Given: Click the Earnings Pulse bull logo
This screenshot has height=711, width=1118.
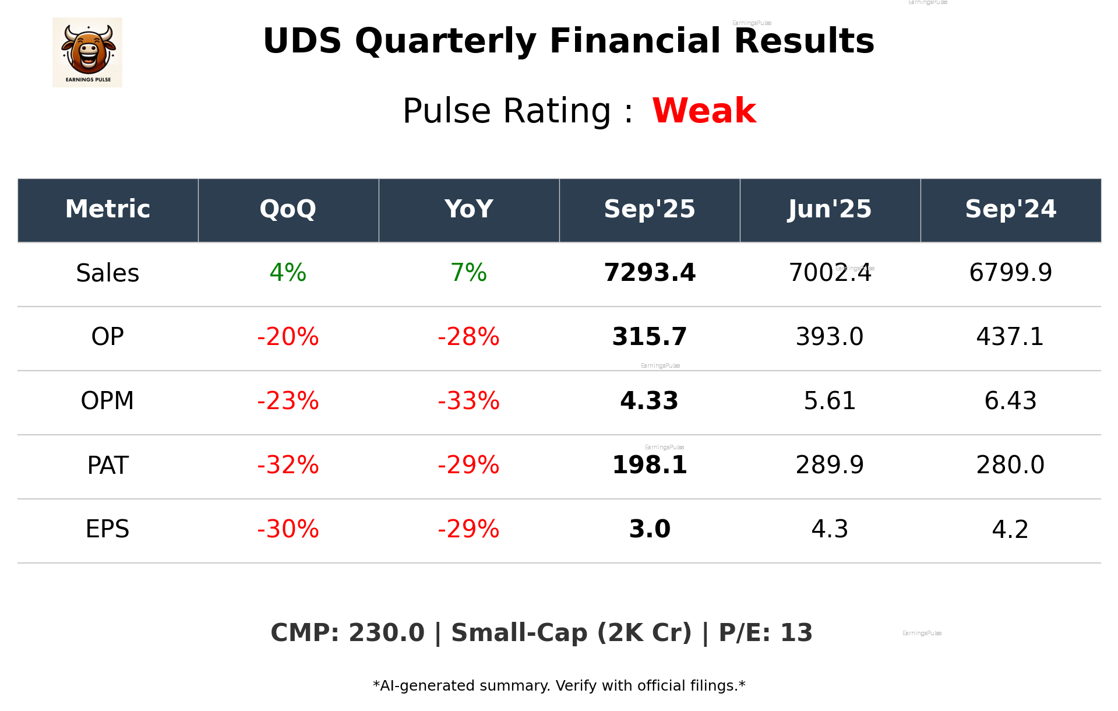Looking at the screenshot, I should pyautogui.click(x=87, y=52).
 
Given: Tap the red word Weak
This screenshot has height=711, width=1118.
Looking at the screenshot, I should pyautogui.click(x=704, y=111).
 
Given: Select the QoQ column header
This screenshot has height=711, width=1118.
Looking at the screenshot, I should pyautogui.click(x=288, y=209).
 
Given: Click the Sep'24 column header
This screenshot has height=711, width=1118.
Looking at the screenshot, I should pyautogui.click(x=1010, y=209).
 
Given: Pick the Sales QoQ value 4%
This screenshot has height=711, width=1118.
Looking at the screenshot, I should pyautogui.click(x=288, y=273).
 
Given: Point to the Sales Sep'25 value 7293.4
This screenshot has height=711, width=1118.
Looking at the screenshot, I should pyautogui.click(x=650, y=273).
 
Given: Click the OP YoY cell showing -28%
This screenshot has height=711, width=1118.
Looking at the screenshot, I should pyautogui.click(x=468, y=337).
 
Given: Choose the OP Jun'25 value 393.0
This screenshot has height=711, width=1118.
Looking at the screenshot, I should pyautogui.click(x=830, y=337).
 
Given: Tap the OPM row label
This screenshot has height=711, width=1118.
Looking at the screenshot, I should pyautogui.click(x=107, y=401).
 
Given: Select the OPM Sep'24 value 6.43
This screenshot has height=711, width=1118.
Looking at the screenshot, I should pyautogui.click(x=1010, y=401).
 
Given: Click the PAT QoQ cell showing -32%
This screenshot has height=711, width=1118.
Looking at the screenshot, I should pyautogui.click(x=288, y=465).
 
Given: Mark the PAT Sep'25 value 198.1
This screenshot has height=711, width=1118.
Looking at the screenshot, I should pyautogui.click(x=650, y=465).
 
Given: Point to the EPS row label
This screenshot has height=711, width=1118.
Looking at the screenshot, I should pyautogui.click(x=107, y=529).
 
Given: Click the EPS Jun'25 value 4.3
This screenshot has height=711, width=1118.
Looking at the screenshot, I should pyautogui.click(x=830, y=529).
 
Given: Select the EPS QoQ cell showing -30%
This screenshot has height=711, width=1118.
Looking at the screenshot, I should pyautogui.click(x=288, y=529).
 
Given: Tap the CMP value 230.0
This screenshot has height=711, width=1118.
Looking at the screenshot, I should pyautogui.click(x=386, y=633).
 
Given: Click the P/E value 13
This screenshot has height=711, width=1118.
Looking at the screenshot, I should pyautogui.click(x=796, y=633).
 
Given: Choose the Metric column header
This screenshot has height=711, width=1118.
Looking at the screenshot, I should pyautogui.click(x=107, y=209).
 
